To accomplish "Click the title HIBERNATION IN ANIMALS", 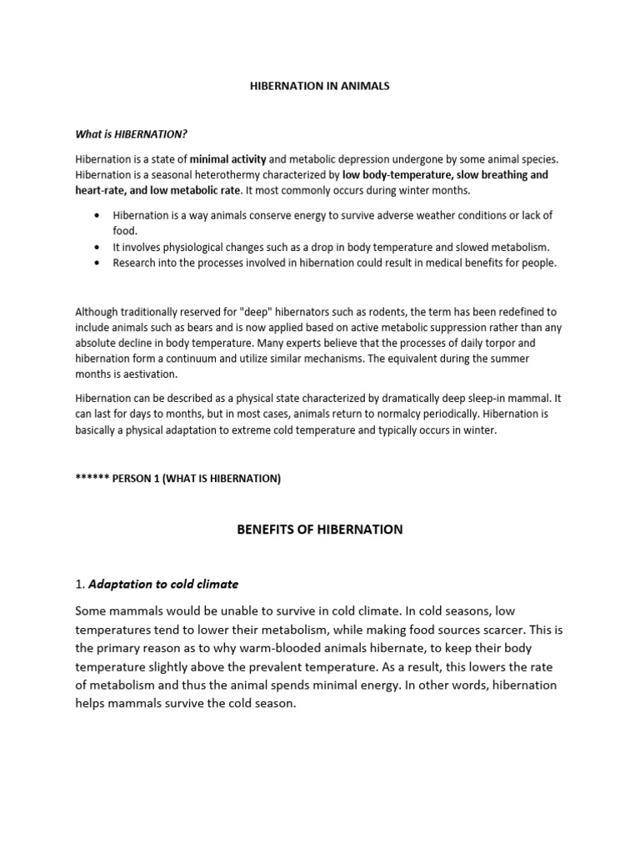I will pos(320,86).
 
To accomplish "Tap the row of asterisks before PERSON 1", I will pos(94,479).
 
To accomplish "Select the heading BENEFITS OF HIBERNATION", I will pos(320,530).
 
